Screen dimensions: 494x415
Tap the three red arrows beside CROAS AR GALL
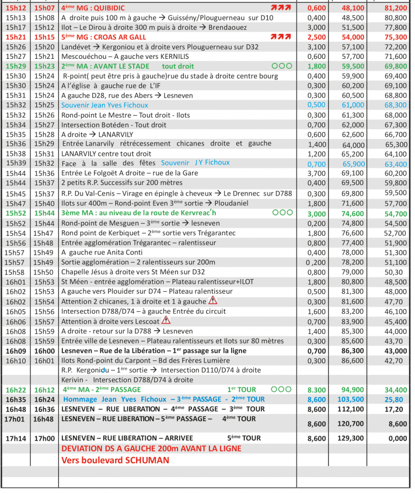tap(280, 37)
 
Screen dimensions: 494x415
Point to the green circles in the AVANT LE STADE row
tap(281, 66)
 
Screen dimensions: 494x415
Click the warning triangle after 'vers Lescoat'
tap(166, 320)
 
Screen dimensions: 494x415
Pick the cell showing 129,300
tap(353, 438)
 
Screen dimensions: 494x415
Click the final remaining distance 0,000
tap(398, 438)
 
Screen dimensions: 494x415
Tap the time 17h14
tap(15, 438)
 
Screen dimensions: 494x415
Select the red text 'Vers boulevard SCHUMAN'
tap(115, 460)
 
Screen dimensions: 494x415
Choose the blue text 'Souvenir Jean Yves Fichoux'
tap(105, 105)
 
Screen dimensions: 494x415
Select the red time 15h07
tap(45, 8)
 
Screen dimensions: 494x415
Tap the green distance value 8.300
tap(317, 390)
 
